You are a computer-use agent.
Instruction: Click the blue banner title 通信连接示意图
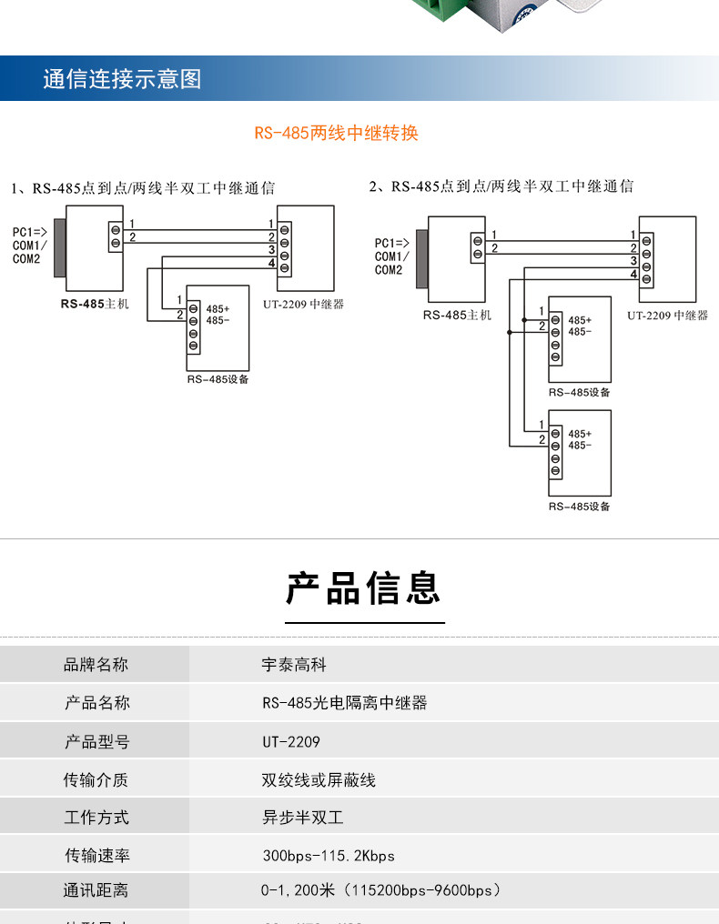point(122,79)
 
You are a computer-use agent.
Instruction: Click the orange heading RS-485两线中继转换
point(336,133)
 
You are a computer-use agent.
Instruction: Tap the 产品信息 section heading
point(364,588)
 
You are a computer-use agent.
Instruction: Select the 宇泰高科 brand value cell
point(294,665)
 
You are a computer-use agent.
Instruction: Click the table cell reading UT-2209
point(291,742)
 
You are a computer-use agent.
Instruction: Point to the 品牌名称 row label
point(96,665)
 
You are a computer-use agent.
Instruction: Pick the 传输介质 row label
point(96,779)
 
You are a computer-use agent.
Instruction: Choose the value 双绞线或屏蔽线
point(319,779)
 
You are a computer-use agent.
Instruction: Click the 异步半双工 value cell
point(302,818)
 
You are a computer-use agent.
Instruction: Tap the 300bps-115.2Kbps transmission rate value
point(329,856)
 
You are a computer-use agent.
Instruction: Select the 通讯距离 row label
point(96,891)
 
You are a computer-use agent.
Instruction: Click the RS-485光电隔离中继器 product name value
point(345,703)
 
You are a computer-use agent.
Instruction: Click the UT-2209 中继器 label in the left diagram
point(304,305)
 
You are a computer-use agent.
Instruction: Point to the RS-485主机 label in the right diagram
point(457,315)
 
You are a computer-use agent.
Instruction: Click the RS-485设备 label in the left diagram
point(218,379)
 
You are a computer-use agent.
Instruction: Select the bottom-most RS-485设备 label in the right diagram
point(579,507)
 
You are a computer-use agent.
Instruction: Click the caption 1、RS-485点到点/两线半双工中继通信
point(143,188)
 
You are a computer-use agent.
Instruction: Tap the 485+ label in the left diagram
point(218,309)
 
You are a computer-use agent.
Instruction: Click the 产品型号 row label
point(96,742)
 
